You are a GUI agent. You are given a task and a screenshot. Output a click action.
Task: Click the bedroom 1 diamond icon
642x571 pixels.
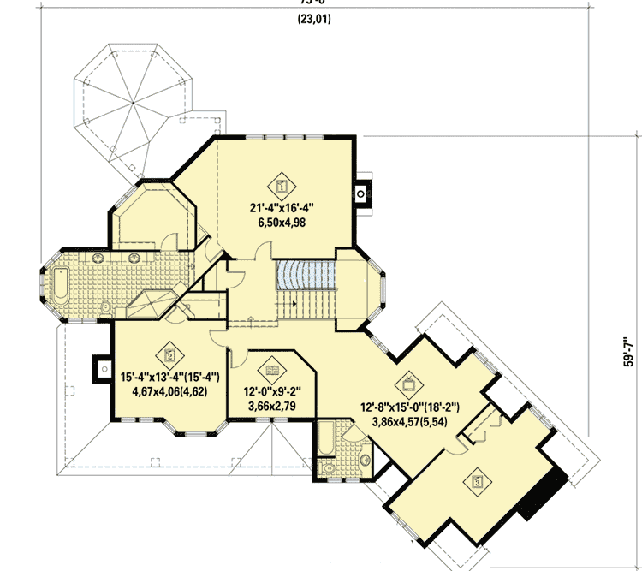coord(282,182)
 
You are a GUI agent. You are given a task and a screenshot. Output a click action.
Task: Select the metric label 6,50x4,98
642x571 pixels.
coord(282,222)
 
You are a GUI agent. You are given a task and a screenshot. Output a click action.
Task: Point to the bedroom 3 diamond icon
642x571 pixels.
coord(474,481)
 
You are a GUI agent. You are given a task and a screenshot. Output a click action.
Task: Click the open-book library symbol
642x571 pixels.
coord(272,369)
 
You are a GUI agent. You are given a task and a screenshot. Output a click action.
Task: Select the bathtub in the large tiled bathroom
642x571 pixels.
coord(61,285)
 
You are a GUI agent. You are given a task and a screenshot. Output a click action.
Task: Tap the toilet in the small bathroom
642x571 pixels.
coord(328,467)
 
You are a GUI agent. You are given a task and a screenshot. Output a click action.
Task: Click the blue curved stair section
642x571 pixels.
coord(304,276)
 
